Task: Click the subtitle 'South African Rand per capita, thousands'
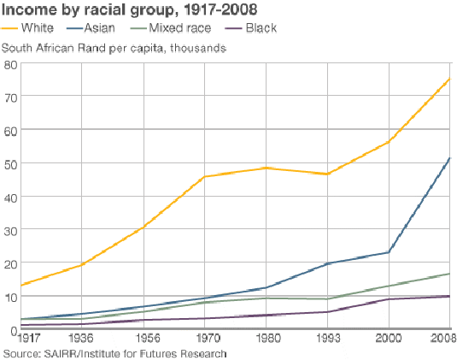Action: [114, 47]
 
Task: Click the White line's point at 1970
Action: [205, 177]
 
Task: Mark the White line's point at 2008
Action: [449, 79]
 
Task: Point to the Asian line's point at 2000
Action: [389, 252]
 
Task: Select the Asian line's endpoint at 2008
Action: [449, 158]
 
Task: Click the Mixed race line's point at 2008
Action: [449, 274]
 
